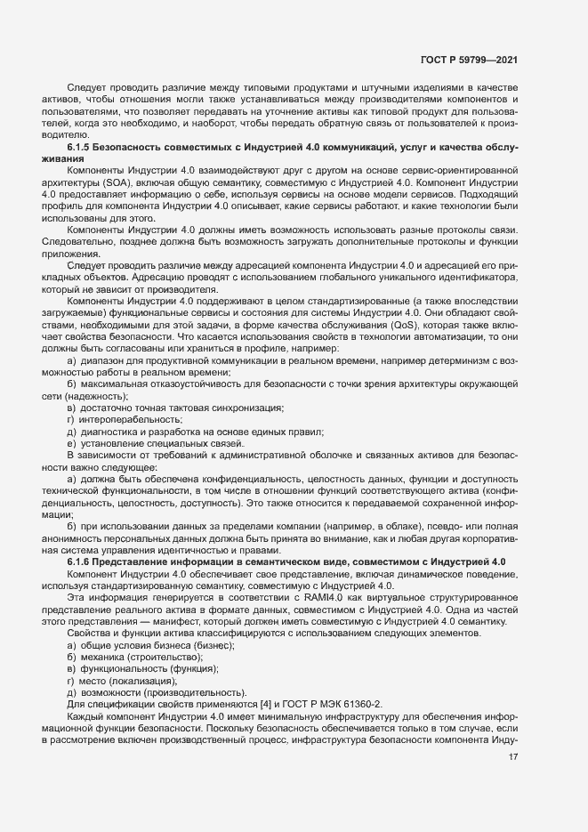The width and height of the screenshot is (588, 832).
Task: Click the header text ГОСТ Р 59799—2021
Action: tap(469, 61)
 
